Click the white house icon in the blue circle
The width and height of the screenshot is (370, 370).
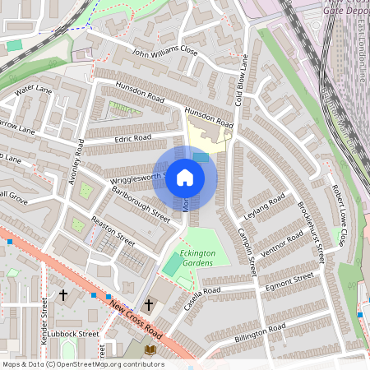185,178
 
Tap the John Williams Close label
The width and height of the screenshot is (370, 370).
164,52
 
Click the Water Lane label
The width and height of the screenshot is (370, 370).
33,87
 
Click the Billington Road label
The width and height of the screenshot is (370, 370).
260,333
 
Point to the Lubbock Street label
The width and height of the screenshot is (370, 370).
74,334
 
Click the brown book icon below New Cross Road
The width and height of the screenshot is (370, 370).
150,350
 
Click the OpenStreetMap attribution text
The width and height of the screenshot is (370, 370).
82,364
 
